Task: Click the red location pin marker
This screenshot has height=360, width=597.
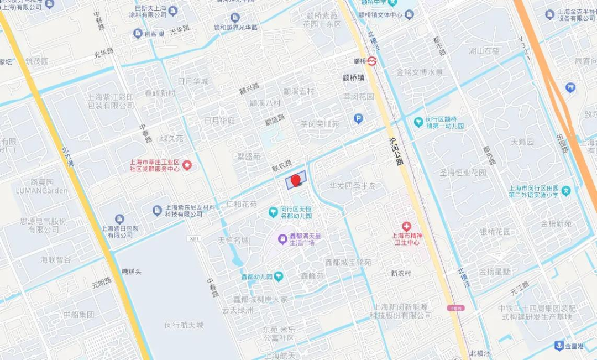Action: click(x=296, y=180)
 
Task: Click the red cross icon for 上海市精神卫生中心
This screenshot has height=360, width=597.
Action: click(x=407, y=226)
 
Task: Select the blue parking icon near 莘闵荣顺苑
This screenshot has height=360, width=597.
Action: click(x=358, y=118)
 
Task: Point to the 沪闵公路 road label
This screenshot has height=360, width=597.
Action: click(x=395, y=150)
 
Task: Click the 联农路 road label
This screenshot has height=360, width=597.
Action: click(x=282, y=164)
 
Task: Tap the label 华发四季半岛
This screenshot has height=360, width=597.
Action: click(x=353, y=186)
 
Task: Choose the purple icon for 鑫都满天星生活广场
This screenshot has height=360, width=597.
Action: click(x=282, y=238)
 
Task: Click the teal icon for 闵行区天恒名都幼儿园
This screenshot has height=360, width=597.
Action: click(x=273, y=212)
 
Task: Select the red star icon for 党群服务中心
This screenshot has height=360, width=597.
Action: click(x=187, y=165)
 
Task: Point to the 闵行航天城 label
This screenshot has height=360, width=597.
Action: click(x=184, y=325)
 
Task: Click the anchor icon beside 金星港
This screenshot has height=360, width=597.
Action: click(x=559, y=346)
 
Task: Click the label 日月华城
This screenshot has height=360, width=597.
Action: click(x=193, y=81)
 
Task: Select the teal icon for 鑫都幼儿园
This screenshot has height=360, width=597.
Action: click(x=279, y=275)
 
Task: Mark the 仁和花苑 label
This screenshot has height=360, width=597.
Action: click(x=242, y=204)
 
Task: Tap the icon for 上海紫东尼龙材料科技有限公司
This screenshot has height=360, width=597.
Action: click(x=157, y=210)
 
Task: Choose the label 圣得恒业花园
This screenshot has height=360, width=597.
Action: click(x=463, y=172)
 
